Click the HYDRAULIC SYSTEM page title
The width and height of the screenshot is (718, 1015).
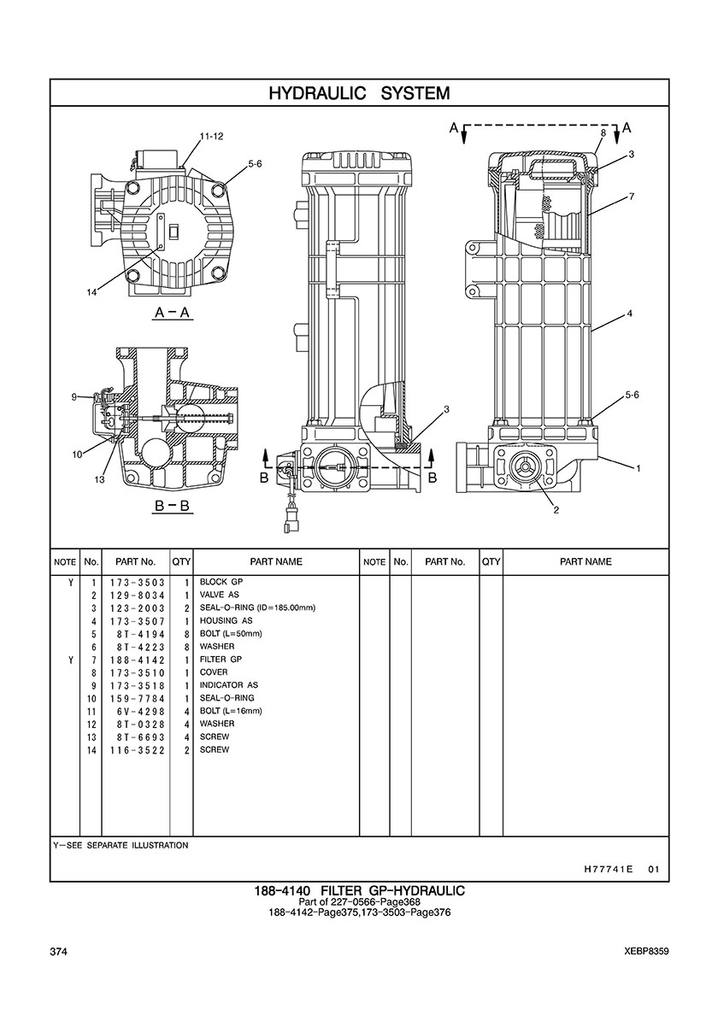[359, 93]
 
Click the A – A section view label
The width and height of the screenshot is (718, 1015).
[172, 313]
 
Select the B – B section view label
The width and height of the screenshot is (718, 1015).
[172, 506]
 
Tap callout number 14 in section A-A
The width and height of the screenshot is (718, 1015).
[92, 292]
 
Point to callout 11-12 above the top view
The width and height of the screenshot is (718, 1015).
[211, 137]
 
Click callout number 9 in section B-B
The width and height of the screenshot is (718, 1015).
[74, 397]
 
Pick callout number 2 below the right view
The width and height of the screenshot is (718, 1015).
[556, 510]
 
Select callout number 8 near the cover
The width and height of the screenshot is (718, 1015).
[603, 132]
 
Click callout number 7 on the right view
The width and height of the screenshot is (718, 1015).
[631, 197]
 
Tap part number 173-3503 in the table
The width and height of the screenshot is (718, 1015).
[137, 583]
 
